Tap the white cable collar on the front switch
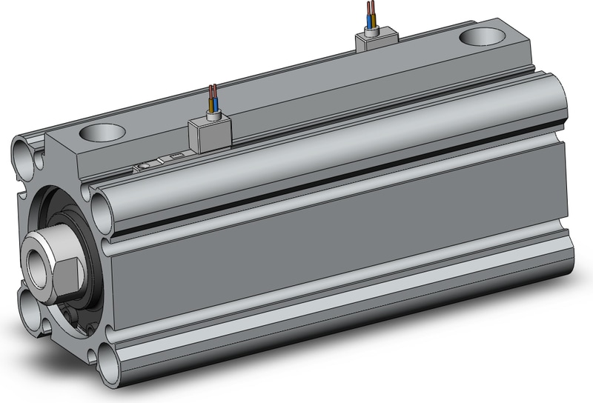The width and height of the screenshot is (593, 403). click(214, 114)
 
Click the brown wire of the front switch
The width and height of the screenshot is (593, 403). click(211, 96)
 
